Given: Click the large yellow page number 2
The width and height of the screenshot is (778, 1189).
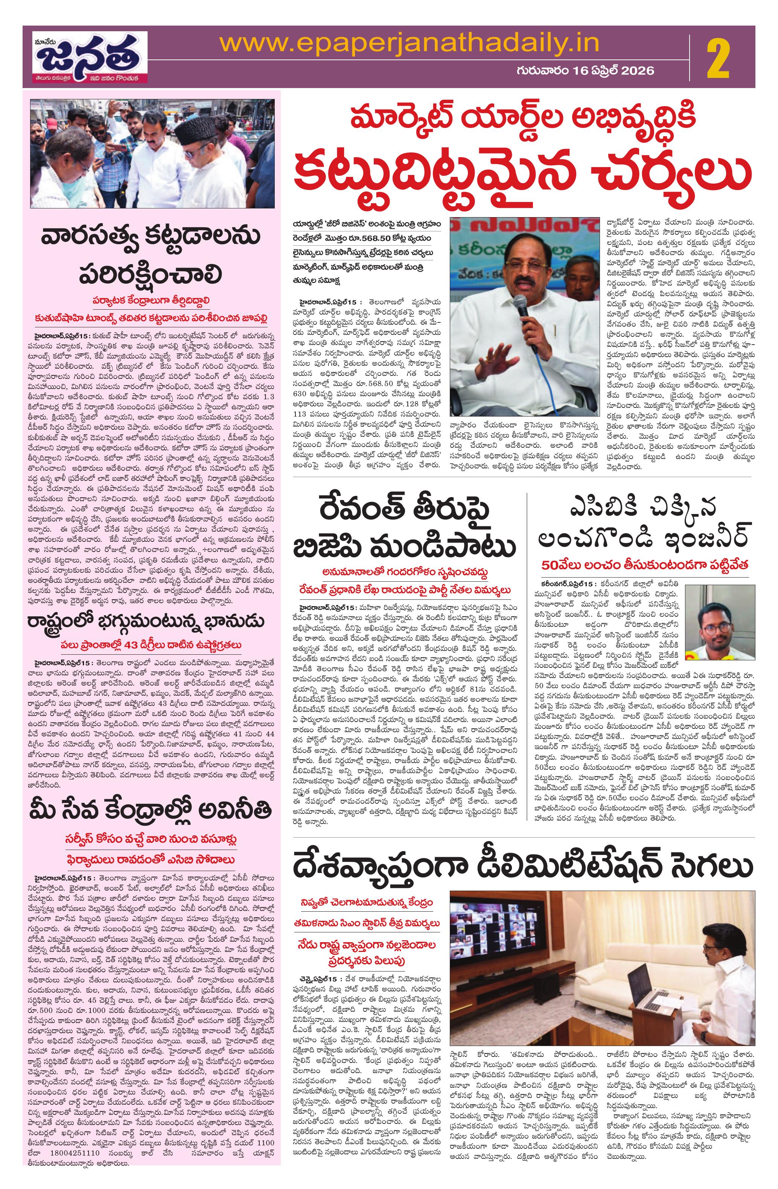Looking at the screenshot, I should (718, 61).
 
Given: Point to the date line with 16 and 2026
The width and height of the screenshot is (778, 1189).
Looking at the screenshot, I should (585, 71).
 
